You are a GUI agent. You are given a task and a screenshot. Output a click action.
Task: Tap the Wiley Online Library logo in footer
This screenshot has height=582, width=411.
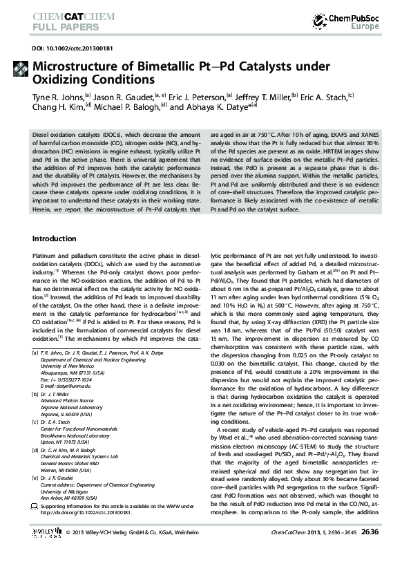pyautogui.click(x=47, y=571)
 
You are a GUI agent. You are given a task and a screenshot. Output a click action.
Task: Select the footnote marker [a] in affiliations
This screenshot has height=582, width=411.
pyautogui.click(x=35, y=353)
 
